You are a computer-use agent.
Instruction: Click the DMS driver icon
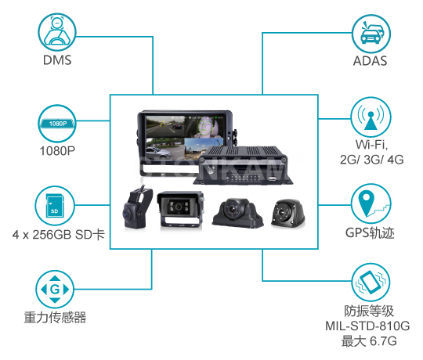pyautogui.click(x=57, y=32)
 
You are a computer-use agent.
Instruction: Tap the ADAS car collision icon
pyautogui.click(x=371, y=34)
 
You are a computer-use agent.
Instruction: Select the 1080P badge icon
pyautogui.click(x=57, y=124)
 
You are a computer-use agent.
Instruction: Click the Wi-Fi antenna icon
pyautogui.click(x=371, y=117)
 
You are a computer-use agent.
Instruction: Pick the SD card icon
pyautogui.click(x=55, y=205)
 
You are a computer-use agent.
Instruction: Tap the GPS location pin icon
pyautogui.click(x=371, y=203)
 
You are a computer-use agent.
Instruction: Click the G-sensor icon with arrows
pyautogui.click(x=55, y=290)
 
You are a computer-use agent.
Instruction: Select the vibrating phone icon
pyautogui.click(x=371, y=282)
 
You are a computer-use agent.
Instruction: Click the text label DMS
pyautogui.click(x=57, y=60)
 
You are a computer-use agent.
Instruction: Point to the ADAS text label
pyautogui.click(x=370, y=61)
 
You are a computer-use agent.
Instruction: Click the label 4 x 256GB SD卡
pyautogui.click(x=58, y=235)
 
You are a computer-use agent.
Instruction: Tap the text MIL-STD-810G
pyautogui.click(x=367, y=326)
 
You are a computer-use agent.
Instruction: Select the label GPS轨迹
pyautogui.click(x=370, y=232)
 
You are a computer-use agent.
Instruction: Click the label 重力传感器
pyautogui.click(x=55, y=318)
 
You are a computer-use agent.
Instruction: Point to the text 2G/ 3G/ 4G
pyautogui.click(x=372, y=160)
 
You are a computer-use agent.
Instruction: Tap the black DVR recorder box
pyautogui.click(x=243, y=165)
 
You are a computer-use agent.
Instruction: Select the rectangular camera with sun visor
pyautogui.click(x=180, y=210)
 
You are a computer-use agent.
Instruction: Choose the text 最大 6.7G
pyautogui.click(x=369, y=341)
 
